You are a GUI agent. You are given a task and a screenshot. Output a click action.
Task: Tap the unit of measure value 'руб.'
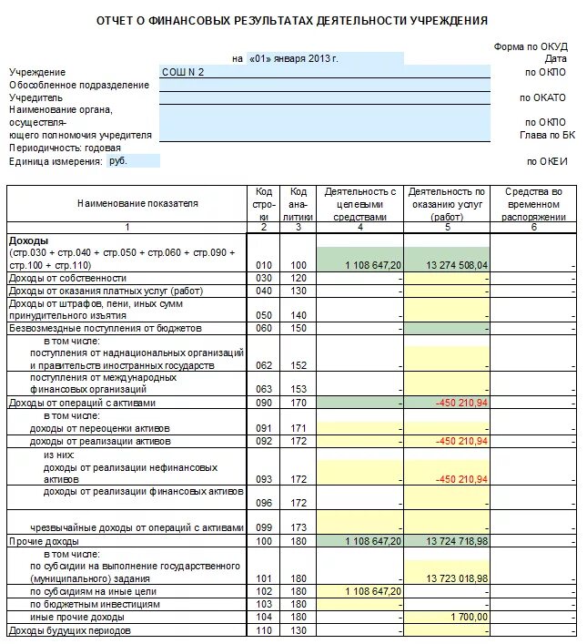pyautogui.click(x=118, y=160)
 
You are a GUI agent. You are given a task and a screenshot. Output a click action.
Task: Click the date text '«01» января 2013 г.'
pyautogui.click(x=293, y=58)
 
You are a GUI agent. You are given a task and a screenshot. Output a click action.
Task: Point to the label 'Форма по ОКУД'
pyautogui.click(x=531, y=46)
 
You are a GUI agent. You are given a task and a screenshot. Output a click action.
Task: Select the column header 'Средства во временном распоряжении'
pyautogui.click(x=533, y=205)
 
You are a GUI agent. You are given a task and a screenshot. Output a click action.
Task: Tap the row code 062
pyautogui.click(x=264, y=364)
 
